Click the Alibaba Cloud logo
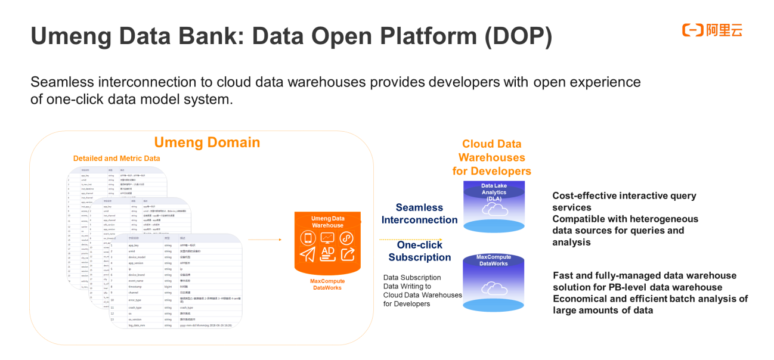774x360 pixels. point(712,30)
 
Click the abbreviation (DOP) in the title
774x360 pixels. point(518,37)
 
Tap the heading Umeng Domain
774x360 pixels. point(207,142)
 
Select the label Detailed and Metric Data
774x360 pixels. point(116,159)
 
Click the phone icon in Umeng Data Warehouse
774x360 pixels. point(308,238)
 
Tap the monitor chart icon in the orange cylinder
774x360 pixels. point(327,238)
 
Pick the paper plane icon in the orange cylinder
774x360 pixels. point(308,255)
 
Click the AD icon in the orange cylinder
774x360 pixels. point(327,254)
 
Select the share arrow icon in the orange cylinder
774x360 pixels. point(347,255)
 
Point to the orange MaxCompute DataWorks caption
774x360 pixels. point(327,284)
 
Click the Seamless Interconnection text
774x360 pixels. point(419,213)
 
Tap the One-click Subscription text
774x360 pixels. point(419,251)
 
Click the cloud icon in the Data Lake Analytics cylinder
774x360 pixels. point(494,208)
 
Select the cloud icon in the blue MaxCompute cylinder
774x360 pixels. point(494,288)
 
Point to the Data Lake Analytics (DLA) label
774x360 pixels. point(494,192)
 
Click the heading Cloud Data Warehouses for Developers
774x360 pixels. point(491,157)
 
